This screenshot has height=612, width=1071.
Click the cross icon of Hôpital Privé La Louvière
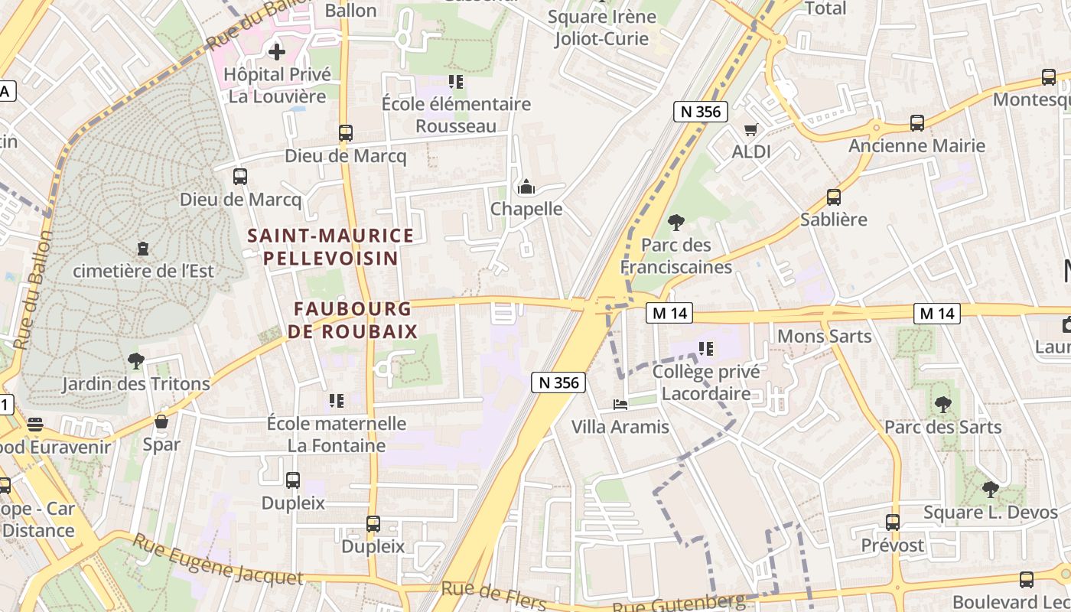(x=277, y=52)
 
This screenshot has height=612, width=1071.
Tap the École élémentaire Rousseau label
(x=456, y=114)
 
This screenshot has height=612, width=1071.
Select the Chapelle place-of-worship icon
(x=526, y=187)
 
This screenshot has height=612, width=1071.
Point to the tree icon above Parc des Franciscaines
(x=675, y=223)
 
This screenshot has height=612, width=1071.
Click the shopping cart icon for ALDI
(x=751, y=130)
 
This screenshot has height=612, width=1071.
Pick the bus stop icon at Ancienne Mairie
(x=916, y=123)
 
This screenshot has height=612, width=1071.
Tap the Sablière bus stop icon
(x=834, y=197)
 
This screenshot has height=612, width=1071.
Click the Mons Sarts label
(x=824, y=336)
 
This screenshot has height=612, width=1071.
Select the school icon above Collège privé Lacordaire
(x=705, y=350)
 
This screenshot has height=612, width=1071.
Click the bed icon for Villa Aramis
(x=620, y=405)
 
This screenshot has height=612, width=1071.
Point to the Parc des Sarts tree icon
(x=942, y=404)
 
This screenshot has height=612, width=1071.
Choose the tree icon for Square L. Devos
(x=990, y=490)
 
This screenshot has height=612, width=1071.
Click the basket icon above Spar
(x=161, y=422)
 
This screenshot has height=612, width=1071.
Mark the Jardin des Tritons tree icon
(x=136, y=360)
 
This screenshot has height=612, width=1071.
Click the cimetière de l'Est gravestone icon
(x=143, y=249)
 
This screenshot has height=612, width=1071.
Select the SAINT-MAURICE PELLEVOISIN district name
(x=330, y=246)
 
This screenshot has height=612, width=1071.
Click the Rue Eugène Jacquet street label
(x=217, y=561)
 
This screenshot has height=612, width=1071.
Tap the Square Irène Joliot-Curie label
(x=602, y=28)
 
